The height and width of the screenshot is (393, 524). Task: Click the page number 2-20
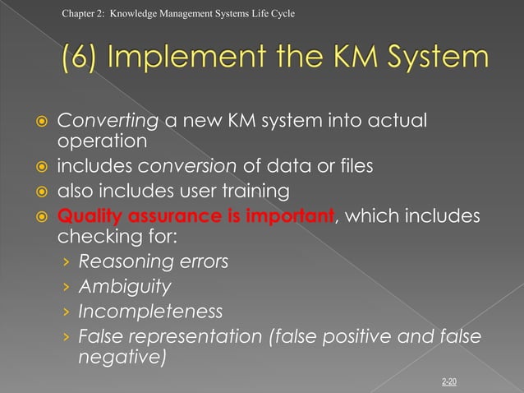[450, 381]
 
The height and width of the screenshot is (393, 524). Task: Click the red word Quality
[87, 217]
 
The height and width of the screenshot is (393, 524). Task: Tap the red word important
[294, 217]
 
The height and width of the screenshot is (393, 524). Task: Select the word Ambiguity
[125, 287]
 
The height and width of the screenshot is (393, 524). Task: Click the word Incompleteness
[150, 312]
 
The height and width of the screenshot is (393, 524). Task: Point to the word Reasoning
[120, 262]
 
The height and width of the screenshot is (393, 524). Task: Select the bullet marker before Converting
[39, 123]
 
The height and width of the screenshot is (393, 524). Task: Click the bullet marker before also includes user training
[39, 192]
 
